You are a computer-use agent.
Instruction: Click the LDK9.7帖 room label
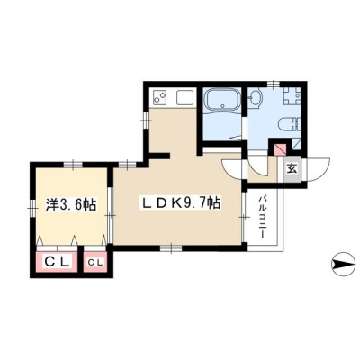[181, 204]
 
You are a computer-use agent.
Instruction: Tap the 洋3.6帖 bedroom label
[71, 204]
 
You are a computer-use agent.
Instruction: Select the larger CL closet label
[57, 263]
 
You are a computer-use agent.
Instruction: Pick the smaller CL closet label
[95, 263]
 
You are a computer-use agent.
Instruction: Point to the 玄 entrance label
[292, 169]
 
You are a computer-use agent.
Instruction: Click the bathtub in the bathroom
[222, 100]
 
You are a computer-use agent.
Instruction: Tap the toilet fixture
[289, 124]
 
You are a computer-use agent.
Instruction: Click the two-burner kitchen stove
[160, 97]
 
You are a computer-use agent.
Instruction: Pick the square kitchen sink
[184, 97]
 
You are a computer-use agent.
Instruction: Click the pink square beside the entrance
[281, 149]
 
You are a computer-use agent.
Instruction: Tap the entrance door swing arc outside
[319, 170]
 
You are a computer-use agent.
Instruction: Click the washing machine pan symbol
[291, 96]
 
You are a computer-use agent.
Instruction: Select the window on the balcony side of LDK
[244, 217]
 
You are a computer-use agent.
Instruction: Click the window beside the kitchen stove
[146, 121]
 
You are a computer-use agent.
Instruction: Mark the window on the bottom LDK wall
[171, 248]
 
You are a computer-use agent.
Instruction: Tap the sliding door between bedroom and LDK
[110, 215]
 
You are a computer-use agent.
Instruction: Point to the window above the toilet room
[273, 85]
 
